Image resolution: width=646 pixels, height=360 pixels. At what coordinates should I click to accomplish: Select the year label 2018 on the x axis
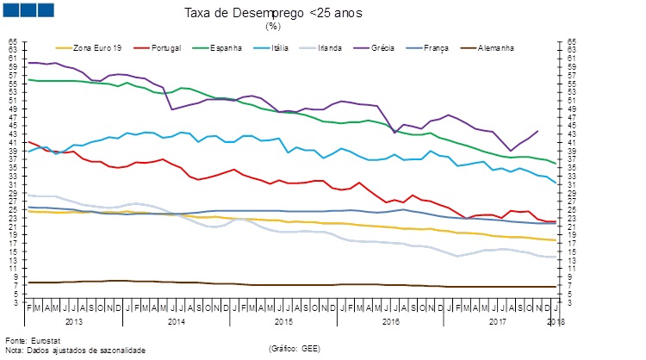[556, 321]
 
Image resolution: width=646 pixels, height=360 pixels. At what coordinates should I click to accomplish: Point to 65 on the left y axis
[12, 41]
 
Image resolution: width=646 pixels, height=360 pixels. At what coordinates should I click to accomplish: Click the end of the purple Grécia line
[537, 131]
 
